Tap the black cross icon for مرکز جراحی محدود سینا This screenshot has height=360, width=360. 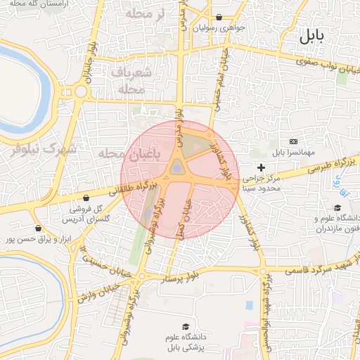pyautogui.click(x=262, y=167)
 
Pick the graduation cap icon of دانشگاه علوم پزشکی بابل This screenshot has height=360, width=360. pyautogui.click(x=185, y=326)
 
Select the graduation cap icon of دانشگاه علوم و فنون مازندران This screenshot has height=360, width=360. pyautogui.click(x=338, y=207)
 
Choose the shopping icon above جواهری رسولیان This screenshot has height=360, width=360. pyautogui.click(x=219, y=18)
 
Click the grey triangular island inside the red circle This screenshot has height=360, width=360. pyautogui.click(x=177, y=167)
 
